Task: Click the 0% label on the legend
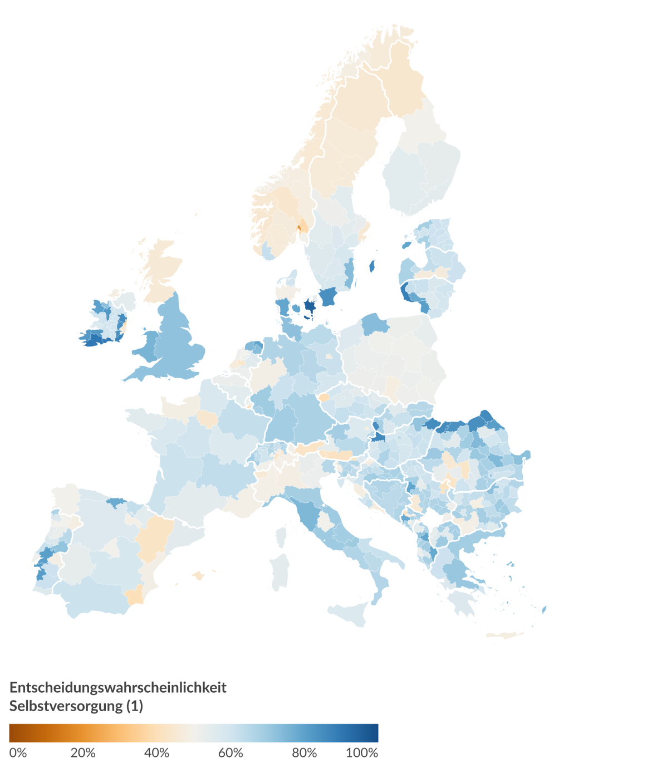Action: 18,753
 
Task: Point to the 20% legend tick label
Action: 83,753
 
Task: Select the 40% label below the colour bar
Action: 156,753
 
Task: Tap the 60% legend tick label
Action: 231,753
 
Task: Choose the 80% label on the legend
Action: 305,753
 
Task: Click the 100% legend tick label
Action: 362,753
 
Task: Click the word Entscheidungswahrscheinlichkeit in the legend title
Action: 118,687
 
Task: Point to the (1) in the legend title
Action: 135,706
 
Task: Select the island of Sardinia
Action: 280,571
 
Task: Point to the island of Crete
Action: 503,635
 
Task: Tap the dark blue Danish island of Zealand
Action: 310,306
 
